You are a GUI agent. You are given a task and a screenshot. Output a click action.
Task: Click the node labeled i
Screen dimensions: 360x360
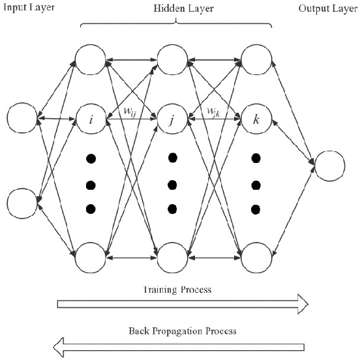pyautogui.click(x=90, y=120)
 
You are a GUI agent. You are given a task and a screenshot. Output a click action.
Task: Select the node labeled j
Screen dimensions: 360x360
pyautogui.click(x=172, y=120)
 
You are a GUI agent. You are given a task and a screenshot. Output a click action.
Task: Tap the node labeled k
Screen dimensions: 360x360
pyautogui.click(x=255, y=120)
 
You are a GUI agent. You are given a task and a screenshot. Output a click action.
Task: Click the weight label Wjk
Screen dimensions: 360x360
pyautogui.click(x=214, y=112)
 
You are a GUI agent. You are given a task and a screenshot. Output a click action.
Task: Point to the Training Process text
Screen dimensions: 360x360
pyautogui.click(x=180, y=288)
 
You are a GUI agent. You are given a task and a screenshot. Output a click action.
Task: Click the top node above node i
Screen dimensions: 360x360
pyautogui.click(x=90, y=58)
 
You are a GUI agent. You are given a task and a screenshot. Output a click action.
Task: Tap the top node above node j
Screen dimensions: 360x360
pyautogui.click(x=172, y=58)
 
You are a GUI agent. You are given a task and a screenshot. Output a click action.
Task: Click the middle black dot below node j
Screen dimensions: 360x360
pyautogui.click(x=173, y=183)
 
